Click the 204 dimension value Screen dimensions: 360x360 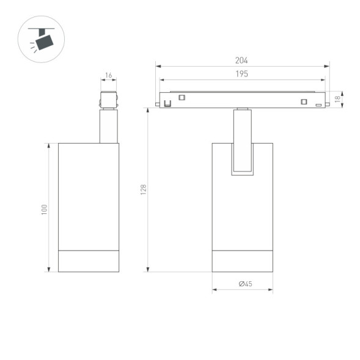point(241,61)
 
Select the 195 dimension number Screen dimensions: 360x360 point(241,74)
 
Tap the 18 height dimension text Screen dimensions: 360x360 point(337,99)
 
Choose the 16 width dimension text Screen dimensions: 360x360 point(109,76)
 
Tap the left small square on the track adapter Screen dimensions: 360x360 point(182,97)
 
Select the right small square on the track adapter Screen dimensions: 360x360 point(303,102)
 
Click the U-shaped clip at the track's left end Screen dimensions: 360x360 point(166,103)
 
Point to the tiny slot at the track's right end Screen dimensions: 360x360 point(318,105)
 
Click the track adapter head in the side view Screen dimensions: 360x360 point(109,100)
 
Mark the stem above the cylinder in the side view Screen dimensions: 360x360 point(109,127)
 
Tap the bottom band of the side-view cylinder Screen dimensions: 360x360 point(89,261)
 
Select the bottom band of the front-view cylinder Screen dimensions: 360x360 point(243,261)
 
